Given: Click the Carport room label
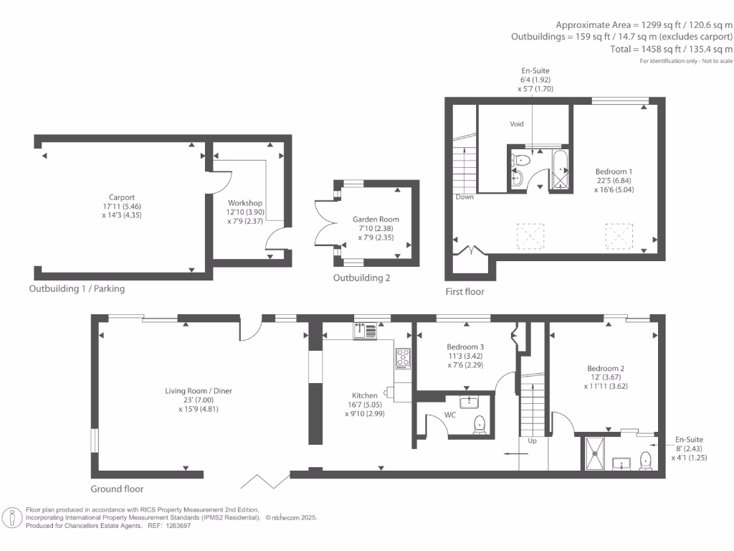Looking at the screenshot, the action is pos(122,198).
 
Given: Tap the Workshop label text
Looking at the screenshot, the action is pos(245,203).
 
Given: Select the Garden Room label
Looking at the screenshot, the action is pos(376,220).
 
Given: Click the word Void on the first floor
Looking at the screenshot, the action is pos(517,124).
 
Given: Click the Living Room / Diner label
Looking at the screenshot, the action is pos(199,391).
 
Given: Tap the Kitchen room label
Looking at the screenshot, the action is pos(365,395).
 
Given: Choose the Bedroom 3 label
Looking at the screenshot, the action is pos(465,347).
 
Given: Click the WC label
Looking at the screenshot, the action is pos(450,415).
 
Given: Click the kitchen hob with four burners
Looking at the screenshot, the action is pos(403,358).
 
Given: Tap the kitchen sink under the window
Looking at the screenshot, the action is pos(365,331).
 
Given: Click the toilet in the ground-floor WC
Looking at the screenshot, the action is pos(480,425).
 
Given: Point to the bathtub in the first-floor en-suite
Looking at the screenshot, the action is pos(561,169).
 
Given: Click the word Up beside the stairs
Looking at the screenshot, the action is pos(533,441).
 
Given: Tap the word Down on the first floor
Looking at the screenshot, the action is pos(464,197).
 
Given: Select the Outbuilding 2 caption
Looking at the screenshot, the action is pos(361,278).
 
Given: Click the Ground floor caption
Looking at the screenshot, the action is pos(117,489).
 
